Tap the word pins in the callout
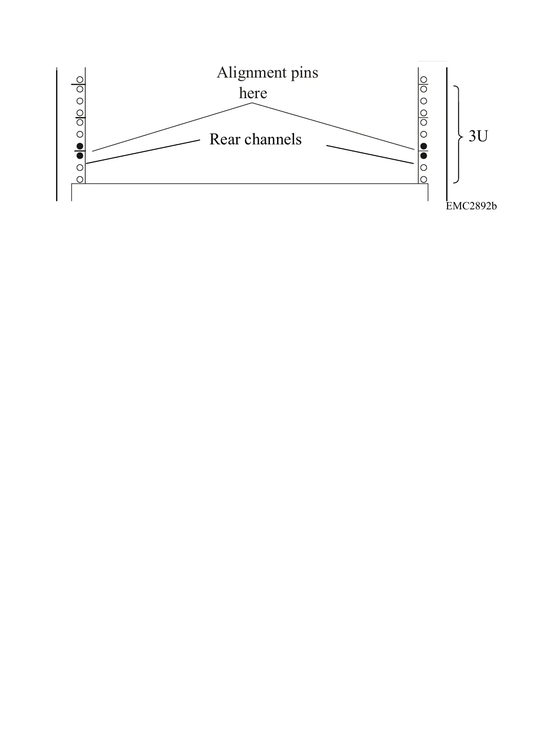304,72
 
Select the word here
253,93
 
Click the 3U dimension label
478,136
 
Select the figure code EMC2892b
471,206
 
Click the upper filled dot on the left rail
80,146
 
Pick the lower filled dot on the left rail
80,156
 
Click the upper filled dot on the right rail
423,146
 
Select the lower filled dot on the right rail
423,156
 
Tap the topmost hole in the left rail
80,80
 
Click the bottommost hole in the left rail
80,179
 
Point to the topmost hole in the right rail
423,80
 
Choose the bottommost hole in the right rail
423,179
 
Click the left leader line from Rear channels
143,152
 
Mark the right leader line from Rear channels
369,155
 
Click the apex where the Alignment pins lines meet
252,104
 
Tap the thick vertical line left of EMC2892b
447,135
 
